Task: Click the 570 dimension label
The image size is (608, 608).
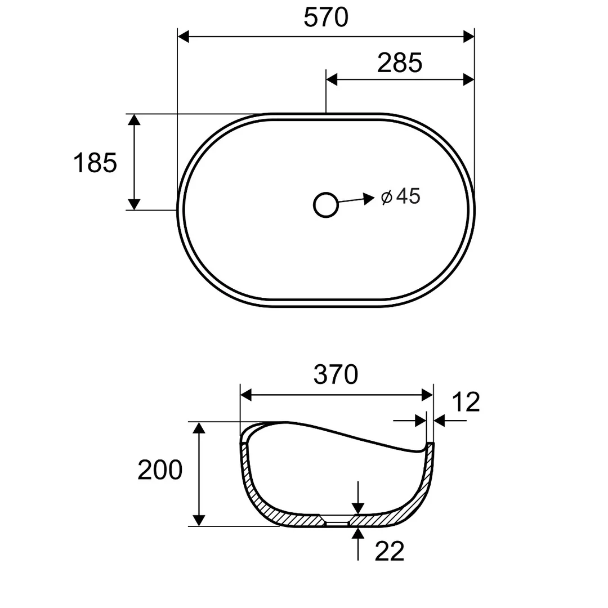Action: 326,18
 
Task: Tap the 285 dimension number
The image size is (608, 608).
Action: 400,63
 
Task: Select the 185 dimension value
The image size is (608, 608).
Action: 95,163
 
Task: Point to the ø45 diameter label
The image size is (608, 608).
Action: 401,196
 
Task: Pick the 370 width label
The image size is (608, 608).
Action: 336,374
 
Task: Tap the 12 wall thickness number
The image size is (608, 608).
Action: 466,402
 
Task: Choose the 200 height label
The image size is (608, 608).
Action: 160,470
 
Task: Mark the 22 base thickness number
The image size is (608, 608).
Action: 390,551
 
